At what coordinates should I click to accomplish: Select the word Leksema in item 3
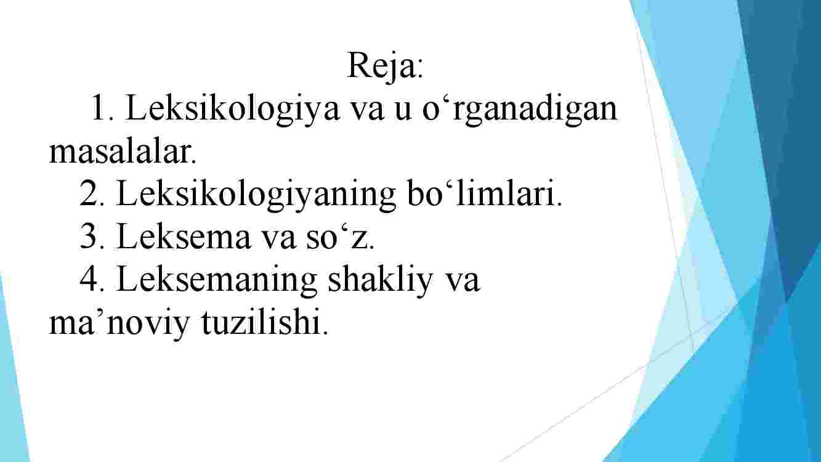pyautogui.click(x=184, y=236)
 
